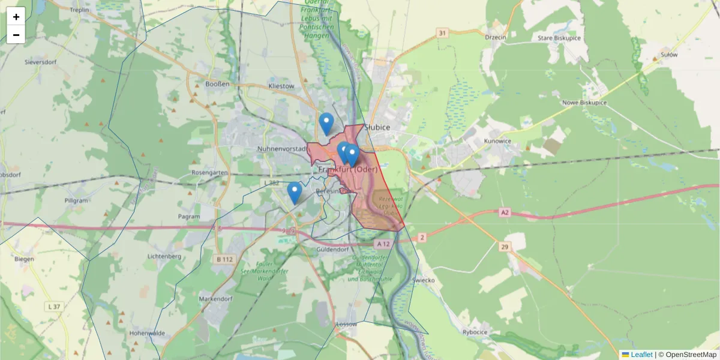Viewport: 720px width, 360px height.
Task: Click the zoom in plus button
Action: point(16,17)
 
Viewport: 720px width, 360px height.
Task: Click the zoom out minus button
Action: point(16,35)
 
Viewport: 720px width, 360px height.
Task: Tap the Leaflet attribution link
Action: point(641,355)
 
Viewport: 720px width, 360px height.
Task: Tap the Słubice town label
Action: point(377,127)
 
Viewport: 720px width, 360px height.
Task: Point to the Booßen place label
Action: point(217,85)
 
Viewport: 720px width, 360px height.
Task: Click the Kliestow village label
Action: point(281,86)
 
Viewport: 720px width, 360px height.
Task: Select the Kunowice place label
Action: point(496,141)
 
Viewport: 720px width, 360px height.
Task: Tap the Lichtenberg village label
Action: point(164,256)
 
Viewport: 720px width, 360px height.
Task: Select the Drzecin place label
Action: point(496,37)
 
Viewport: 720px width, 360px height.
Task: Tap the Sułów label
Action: point(668,55)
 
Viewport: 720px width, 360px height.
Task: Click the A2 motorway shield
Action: point(504,212)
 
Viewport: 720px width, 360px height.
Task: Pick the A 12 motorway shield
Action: point(384,244)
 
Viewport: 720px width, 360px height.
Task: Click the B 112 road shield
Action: point(224,259)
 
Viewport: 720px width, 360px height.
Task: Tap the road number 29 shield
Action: point(503,247)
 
